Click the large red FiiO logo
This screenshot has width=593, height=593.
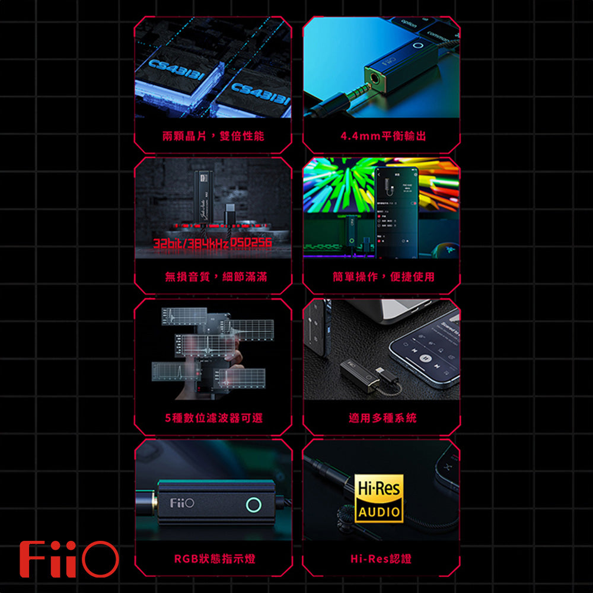[x=68, y=559]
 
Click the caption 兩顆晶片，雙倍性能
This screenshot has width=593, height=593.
[x=213, y=136]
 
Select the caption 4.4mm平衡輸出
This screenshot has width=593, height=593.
[x=382, y=136]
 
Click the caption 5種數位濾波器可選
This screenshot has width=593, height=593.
[x=213, y=418]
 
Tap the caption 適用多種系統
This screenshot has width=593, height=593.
[x=382, y=418]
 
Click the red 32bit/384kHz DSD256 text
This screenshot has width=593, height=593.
[x=212, y=244]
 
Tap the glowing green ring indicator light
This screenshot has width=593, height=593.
[x=254, y=505]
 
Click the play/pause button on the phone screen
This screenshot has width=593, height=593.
[x=425, y=358]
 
